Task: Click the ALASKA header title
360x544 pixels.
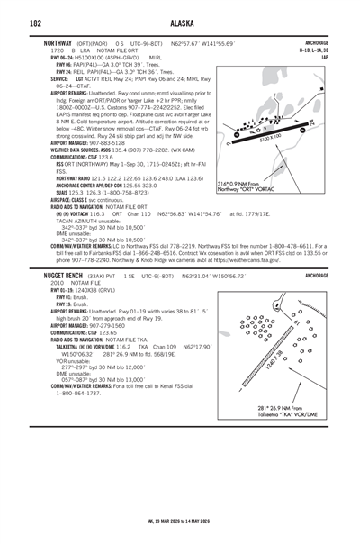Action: (179, 23)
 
